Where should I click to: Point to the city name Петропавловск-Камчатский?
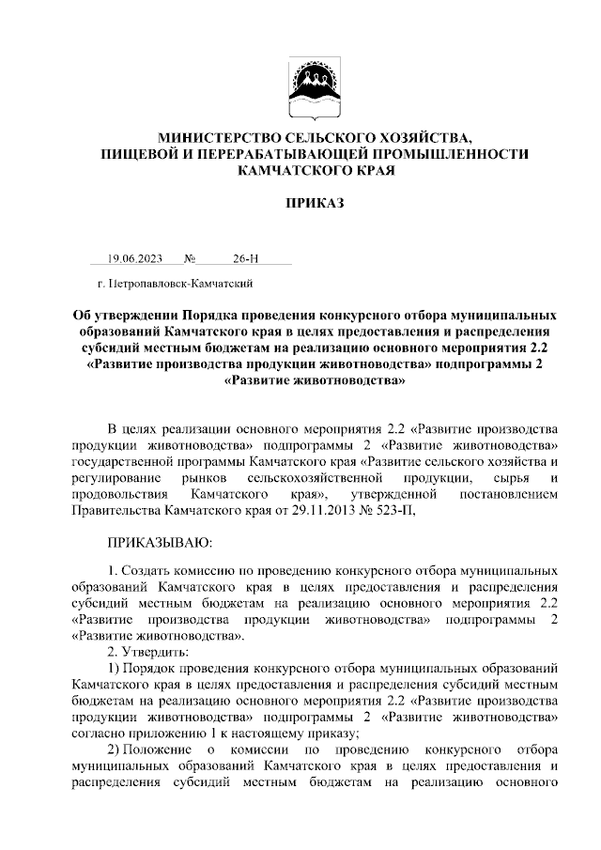(x=182, y=282)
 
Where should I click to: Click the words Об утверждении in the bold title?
(x=125, y=316)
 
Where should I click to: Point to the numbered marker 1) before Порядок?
(x=116, y=668)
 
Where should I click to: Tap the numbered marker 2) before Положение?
(x=116, y=750)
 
